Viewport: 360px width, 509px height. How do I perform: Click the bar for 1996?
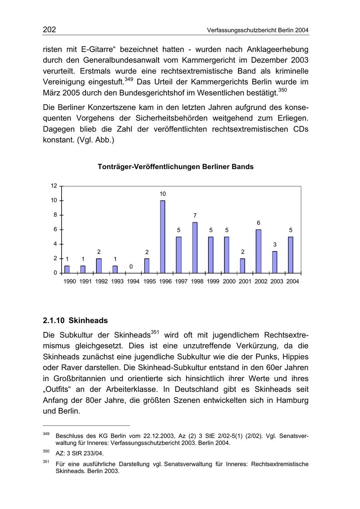[163, 237]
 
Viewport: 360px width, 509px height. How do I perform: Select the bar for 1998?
[195, 248]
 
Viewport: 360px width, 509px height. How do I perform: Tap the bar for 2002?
[259, 251]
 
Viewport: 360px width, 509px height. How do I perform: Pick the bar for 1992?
[99, 266]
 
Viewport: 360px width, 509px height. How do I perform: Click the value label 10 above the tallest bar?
[163, 194]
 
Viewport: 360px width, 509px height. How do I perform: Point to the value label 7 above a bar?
[195, 216]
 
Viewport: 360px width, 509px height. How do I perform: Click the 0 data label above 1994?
[131, 267]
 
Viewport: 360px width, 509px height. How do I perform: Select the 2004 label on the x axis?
[292, 281]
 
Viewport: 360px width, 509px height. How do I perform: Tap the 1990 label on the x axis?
[70, 281]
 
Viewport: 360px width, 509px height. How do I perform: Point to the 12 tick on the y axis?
[54, 186]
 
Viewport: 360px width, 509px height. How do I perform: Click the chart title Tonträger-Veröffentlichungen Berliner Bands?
[176, 167]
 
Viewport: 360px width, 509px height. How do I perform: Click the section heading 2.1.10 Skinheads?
[75, 321]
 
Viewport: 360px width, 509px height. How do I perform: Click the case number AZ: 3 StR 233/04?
[80, 453]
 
